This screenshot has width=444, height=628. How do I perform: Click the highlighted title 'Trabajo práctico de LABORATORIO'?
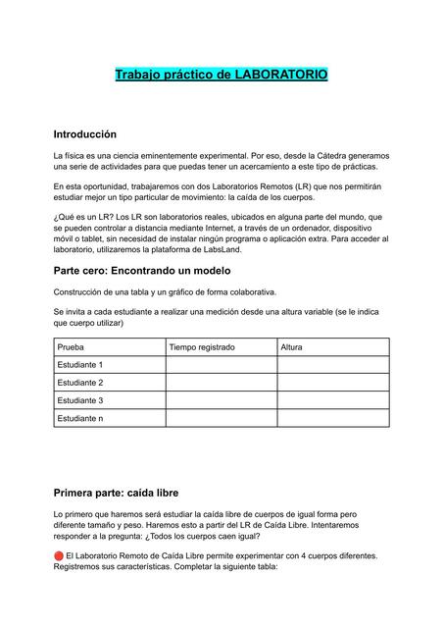click(x=222, y=75)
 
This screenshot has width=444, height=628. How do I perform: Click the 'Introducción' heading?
click(x=84, y=133)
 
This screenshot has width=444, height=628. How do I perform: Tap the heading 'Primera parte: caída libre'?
click(x=115, y=491)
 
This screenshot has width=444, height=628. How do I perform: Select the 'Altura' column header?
click(x=291, y=346)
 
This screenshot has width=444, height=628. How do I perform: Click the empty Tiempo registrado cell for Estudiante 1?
click(x=221, y=365)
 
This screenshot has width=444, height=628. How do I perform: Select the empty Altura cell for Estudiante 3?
click(x=332, y=400)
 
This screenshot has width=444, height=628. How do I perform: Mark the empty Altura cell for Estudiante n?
click(x=332, y=419)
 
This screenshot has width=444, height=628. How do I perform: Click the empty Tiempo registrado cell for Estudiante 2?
click(x=221, y=383)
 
